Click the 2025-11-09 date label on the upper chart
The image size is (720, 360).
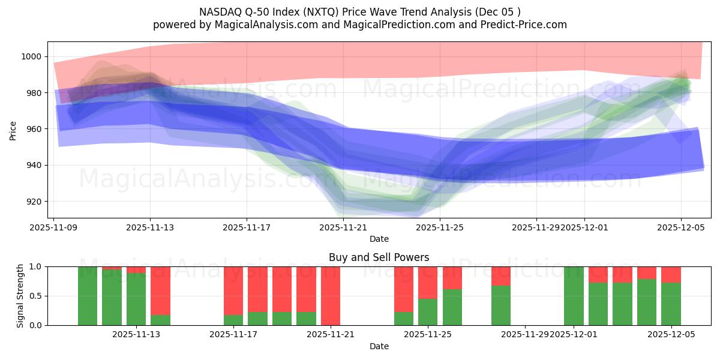pos(54,227)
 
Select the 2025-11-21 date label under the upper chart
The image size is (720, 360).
pos(343,227)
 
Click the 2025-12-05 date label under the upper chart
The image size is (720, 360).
pos(680,227)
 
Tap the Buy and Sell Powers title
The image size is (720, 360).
pos(379,257)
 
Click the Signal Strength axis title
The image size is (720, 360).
pos(20,296)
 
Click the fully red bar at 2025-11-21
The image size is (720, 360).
pos(331,296)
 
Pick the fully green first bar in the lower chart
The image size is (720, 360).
pos(88,296)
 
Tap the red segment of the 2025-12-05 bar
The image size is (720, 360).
pos(671,274)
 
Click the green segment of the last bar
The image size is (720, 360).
pos(671,304)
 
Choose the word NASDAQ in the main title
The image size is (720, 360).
pos(220,11)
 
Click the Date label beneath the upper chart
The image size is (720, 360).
pos(379,239)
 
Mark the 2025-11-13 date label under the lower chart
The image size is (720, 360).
pos(136,335)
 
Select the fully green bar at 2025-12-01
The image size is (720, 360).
pos(574,296)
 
